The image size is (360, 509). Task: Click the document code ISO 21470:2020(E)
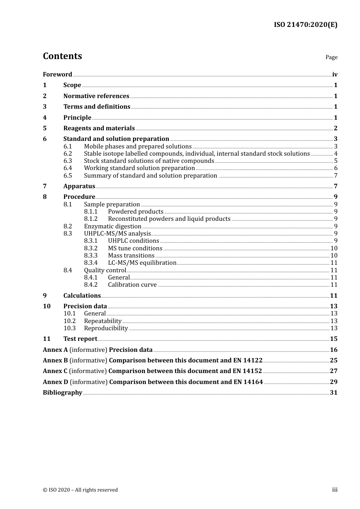pyautogui.click(x=305, y=25)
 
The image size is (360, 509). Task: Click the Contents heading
pyautogui.click(x=62, y=56)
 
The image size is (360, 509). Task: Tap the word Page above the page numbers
pyautogui.click(x=331, y=57)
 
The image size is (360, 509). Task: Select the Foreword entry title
pyautogui.click(x=57, y=75)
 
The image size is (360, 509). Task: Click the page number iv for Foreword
pyautogui.click(x=335, y=75)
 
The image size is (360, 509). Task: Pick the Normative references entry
pyautogui.click(x=96, y=96)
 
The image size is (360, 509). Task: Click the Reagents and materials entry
pyautogui.click(x=99, y=128)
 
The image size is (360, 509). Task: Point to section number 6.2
pyautogui.click(x=68, y=154)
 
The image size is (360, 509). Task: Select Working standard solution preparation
pyautogui.click(x=139, y=168)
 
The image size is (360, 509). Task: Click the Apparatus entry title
pyautogui.click(x=79, y=186)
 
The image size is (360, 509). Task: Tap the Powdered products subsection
pyautogui.click(x=136, y=212)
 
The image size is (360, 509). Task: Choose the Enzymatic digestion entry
pyautogui.click(x=113, y=226)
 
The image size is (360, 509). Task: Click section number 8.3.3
pyautogui.click(x=91, y=256)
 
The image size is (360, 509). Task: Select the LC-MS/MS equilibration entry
pyautogui.click(x=142, y=263)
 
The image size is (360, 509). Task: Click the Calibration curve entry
pyautogui.click(x=132, y=285)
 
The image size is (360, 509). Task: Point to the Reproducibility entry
pyautogui.click(x=106, y=328)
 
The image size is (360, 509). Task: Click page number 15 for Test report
pyautogui.click(x=333, y=339)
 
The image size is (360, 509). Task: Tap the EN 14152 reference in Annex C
pyautogui.click(x=247, y=371)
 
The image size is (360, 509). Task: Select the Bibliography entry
pyautogui.click(x=63, y=393)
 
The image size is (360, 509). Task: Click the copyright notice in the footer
pyautogui.click(x=80, y=490)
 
